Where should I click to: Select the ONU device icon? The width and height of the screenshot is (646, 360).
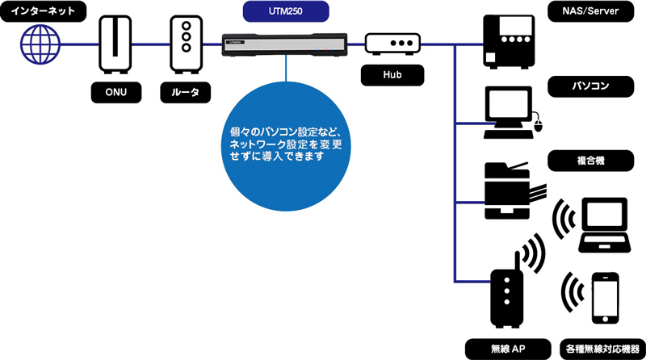pyautogui.click(x=114, y=44)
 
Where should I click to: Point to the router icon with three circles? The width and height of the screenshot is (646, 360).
pyautogui.click(x=185, y=44)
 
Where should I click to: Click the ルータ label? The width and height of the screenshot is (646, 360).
pyautogui.click(x=185, y=93)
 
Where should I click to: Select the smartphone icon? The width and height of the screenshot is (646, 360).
pyautogui.click(x=606, y=298)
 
